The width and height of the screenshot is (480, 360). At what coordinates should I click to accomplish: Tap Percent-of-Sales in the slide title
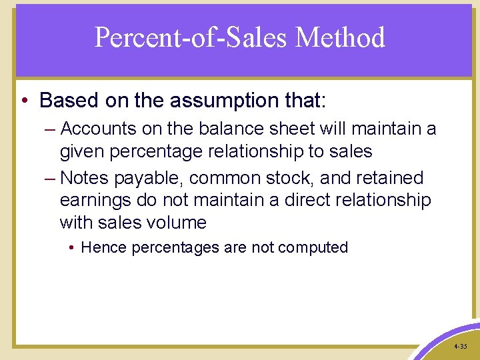pos(191,37)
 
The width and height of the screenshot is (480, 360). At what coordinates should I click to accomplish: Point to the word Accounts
pos(98,129)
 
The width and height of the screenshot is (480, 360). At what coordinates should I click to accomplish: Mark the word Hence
pos(104,247)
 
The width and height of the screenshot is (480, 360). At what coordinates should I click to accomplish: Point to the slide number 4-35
pos(460,347)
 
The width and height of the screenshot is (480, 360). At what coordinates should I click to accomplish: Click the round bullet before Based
pos(25,101)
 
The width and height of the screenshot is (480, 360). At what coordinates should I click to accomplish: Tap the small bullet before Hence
pos(72,248)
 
